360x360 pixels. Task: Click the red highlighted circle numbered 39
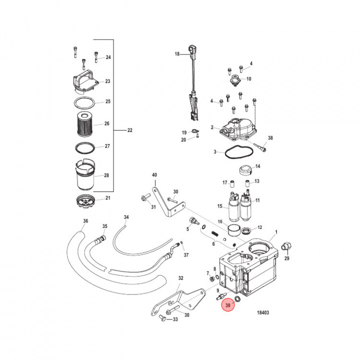tap(228, 305)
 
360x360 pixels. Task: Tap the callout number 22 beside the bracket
tap(129, 130)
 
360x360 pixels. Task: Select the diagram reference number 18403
tap(262, 312)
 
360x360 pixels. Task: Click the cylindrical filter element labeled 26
tap(85, 124)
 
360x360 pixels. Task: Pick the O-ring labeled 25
tap(84, 103)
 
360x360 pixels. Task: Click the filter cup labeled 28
tap(85, 175)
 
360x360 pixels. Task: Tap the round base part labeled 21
tap(85, 201)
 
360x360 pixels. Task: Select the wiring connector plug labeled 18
tap(192, 51)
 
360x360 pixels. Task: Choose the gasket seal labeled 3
tap(239, 152)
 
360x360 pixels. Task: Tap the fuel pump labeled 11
tap(246, 205)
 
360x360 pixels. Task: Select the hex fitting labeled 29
tap(286, 247)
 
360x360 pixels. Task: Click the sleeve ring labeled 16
tap(233, 229)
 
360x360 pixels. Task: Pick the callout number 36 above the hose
tap(85, 221)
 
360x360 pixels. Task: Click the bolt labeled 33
tap(162, 318)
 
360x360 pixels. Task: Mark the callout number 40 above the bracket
tap(154, 175)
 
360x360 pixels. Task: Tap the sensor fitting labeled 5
tap(193, 221)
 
